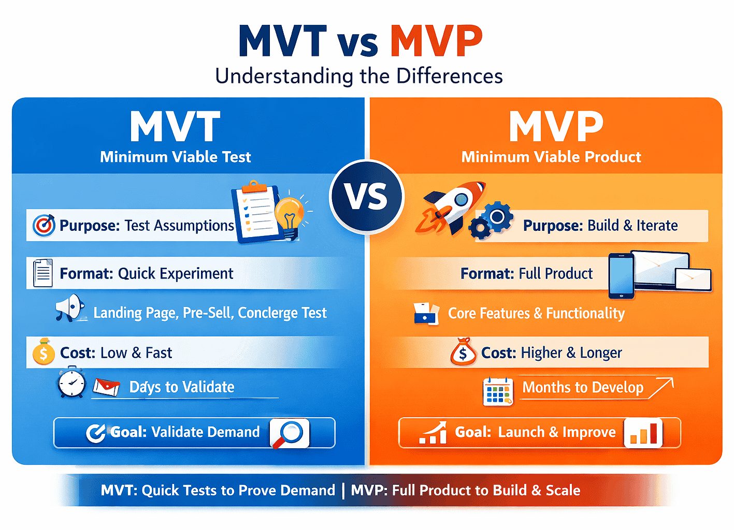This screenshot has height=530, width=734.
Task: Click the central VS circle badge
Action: pos(367,197)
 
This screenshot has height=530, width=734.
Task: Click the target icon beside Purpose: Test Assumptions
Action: pos(44,225)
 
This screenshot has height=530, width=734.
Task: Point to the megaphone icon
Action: pos(69,308)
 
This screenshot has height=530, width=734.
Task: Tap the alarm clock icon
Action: pos(71,383)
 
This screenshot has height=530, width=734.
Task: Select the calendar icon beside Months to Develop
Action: pos(498,391)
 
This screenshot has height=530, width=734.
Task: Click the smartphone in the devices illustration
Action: pos(621,276)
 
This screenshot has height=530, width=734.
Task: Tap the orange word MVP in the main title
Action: pos(436,41)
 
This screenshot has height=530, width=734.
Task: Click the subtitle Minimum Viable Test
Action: pos(175,157)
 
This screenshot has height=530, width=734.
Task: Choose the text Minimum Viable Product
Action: pos(551,157)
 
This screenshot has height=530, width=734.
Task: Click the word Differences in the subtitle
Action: pos(450,76)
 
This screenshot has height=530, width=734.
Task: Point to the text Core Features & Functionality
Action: pos(536,313)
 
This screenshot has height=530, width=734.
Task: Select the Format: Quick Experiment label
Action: pos(146,273)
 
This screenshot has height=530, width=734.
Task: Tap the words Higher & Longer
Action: pos(571,353)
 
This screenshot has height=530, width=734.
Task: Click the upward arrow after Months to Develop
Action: pos(661,388)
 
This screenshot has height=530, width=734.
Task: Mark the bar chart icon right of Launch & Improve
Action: pos(643,433)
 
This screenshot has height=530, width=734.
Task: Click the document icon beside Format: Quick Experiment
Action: pos(42,273)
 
